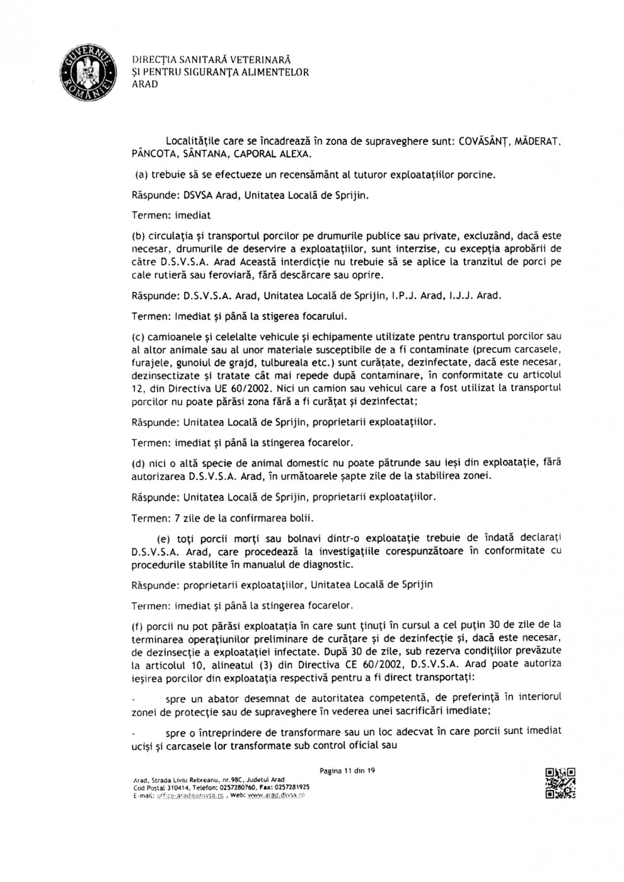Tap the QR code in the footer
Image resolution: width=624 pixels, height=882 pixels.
click(x=560, y=783)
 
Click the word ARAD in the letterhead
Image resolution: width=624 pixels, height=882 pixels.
click(x=145, y=84)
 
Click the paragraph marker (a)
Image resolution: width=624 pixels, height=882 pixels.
click(x=141, y=175)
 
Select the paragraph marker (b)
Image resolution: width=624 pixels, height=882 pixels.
click(x=139, y=236)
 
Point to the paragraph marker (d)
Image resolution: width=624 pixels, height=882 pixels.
click(x=139, y=462)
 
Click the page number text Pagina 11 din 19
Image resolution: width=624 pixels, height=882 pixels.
click(x=347, y=770)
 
